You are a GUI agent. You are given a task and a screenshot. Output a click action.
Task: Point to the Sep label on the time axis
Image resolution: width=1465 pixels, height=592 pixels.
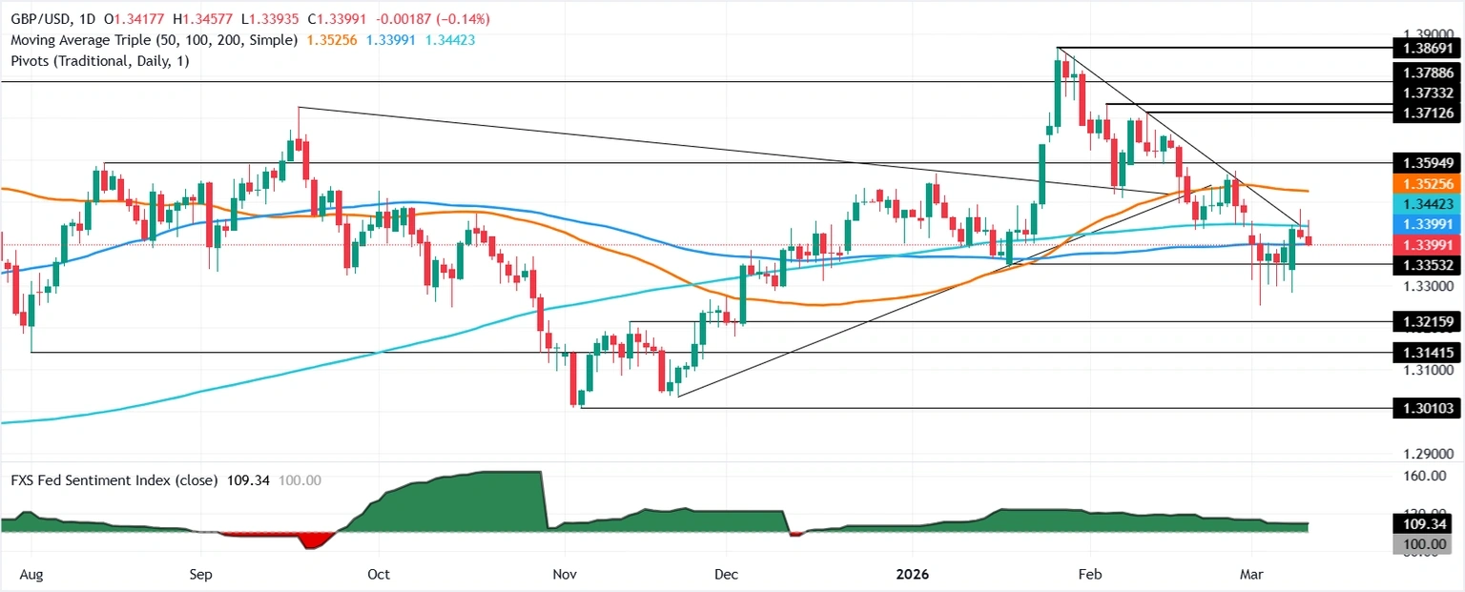click(200, 576)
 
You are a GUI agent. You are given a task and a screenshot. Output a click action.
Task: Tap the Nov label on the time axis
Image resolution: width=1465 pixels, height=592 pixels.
click(564, 576)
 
